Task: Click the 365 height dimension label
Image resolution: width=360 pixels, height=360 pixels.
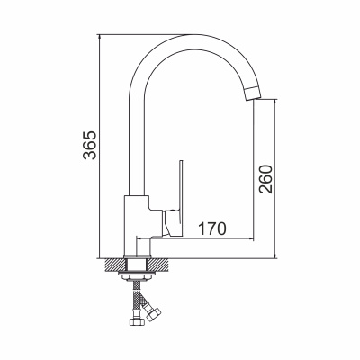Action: (x=90, y=145)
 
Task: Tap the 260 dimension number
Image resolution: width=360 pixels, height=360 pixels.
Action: (x=265, y=179)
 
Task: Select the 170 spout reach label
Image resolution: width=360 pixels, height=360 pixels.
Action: (x=212, y=229)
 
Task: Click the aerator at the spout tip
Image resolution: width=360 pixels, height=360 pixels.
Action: (x=253, y=94)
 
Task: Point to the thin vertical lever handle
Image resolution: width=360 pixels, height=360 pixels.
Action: (x=181, y=199)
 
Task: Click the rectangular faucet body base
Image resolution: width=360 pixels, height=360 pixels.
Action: (x=137, y=226)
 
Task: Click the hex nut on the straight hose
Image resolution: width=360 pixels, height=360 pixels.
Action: (x=137, y=321)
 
